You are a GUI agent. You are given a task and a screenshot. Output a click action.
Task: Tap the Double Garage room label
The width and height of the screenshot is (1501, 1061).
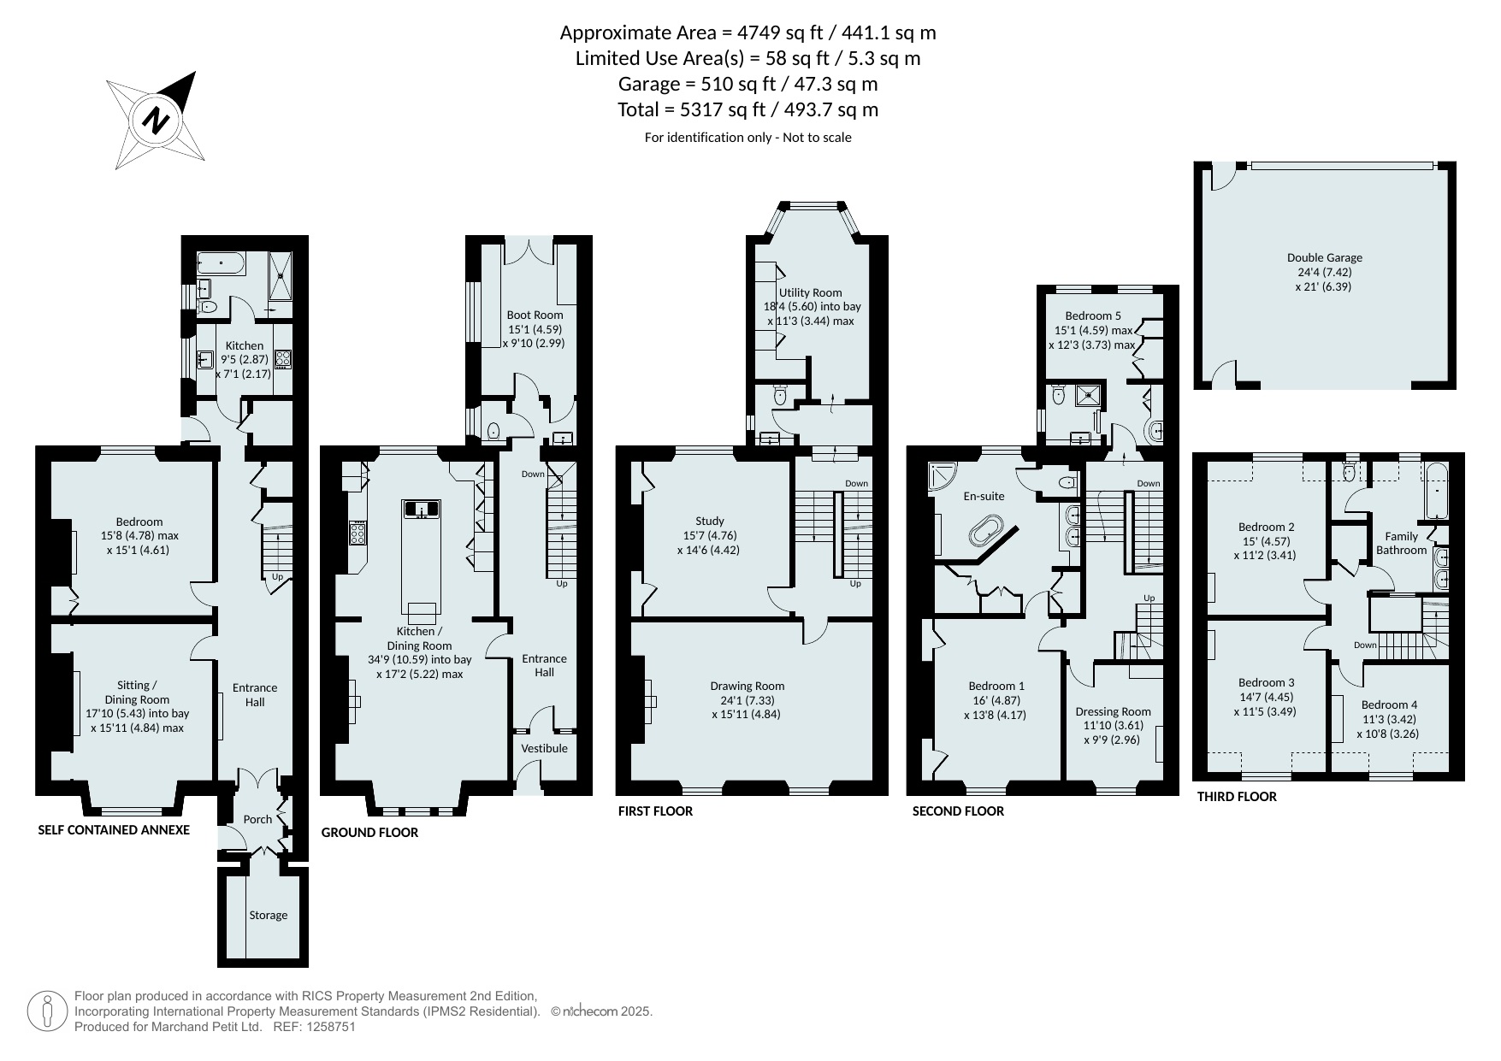(1324, 257)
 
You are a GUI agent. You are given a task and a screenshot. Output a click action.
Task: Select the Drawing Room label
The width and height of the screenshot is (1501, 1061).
(747, 686)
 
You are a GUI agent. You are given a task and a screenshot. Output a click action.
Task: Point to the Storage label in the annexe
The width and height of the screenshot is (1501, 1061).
(269, 915)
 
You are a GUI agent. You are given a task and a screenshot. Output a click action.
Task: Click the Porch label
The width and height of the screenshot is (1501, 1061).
(257, 819)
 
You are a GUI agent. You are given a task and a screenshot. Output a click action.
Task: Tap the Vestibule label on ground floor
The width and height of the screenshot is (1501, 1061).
(545, 748)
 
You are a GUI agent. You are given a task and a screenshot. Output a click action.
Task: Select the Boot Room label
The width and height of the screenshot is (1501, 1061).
(535, 315)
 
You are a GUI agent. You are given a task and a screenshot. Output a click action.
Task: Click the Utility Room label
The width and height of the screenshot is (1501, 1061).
(811, 292)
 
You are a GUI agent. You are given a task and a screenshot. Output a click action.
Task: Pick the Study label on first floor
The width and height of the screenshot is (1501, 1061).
(710, 521)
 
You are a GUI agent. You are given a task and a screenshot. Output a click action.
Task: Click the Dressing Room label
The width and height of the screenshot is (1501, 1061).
(1113, 711)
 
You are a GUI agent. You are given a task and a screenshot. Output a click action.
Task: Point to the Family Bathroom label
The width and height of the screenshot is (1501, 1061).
(1401, 544)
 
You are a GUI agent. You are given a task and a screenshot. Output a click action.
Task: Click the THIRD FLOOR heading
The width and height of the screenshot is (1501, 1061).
(1237, 797)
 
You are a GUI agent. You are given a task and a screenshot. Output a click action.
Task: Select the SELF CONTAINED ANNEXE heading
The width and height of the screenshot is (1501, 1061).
(114, 830)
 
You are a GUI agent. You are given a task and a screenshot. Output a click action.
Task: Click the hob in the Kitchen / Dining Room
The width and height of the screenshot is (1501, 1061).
(358, 533)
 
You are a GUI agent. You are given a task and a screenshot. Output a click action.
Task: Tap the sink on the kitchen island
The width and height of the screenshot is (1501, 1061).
(422, 510)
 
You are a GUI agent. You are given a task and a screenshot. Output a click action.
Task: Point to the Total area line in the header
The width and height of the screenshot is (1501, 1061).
(748, 110)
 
